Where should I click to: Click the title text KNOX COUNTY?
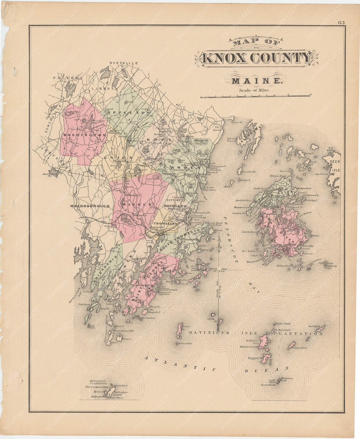coord(257,58)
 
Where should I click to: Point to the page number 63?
coord(341,23)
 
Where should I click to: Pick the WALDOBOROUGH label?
coord(90,206)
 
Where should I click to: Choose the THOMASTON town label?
coord(165,223)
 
